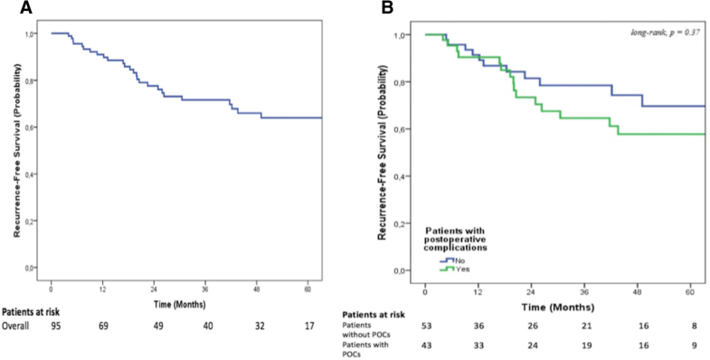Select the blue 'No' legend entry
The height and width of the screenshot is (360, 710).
click(448, 260)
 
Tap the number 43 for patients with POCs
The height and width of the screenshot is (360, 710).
click(427, 345)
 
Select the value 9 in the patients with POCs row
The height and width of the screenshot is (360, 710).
click(693, 345)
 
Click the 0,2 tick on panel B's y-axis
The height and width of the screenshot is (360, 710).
click(404, 223)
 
